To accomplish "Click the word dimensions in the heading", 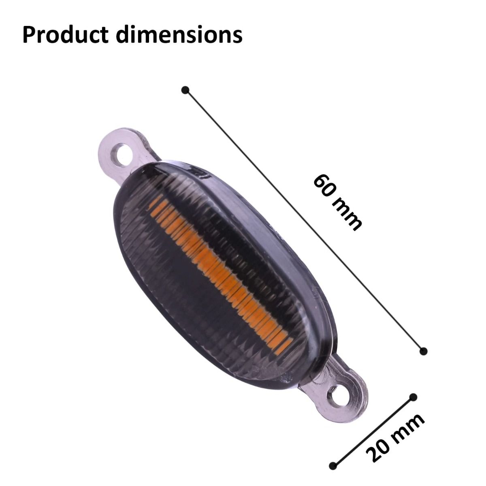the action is [x=179, y=35].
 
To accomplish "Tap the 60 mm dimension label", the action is [x=337, y=202].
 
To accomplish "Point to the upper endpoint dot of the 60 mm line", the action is [x=185, y=90].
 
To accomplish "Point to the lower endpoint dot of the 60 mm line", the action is [x=424, y=351].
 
